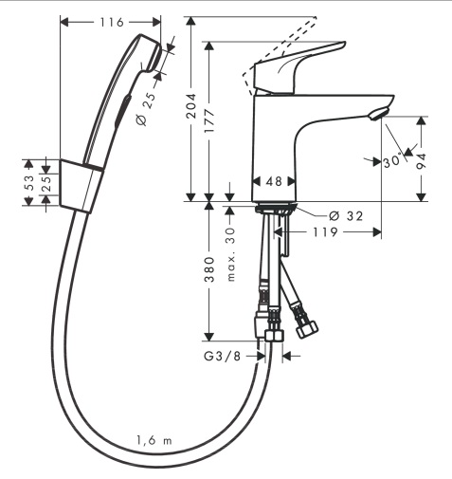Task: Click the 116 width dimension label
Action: (112, 23)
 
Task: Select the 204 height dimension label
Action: (190, 106)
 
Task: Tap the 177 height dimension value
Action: (209, 120)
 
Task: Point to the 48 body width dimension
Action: (274, 181)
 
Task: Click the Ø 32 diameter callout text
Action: (346, 216)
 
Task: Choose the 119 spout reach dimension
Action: (325, 232)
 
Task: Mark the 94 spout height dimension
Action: (421, 161)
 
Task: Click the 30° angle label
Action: (393, 161)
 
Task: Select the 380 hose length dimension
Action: (209, 269)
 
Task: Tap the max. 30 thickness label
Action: (231, 254)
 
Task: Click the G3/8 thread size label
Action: (222, 357)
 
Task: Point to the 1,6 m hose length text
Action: (154, 440)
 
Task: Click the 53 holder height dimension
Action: (28, 183)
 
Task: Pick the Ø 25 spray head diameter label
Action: (146, 109)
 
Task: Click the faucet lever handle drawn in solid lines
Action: (298, 67)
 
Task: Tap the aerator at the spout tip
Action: (378, 114)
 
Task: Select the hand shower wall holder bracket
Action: (81, 186)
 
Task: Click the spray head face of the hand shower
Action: (155, 56)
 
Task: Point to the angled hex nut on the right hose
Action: (307, 329)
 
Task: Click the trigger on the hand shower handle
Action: (122, 110)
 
